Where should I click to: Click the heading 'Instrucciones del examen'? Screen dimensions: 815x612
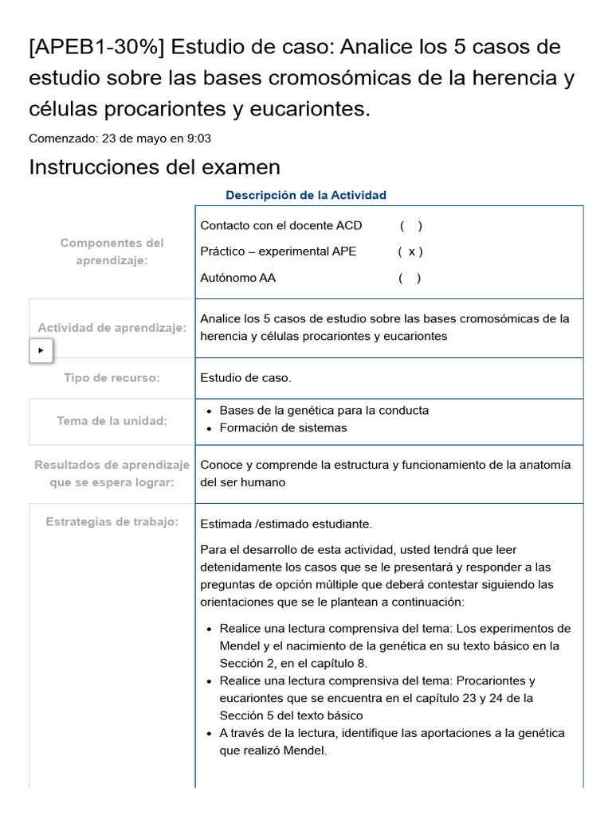(x=155, y=167)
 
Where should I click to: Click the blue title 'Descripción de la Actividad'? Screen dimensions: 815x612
(x=305, y=195)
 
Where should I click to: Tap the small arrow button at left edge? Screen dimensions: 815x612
(x=41, y=350)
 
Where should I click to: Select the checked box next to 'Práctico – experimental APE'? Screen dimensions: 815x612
(x=410, y=252)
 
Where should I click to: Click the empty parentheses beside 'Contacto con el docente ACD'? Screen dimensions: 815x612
(x=411, y=225)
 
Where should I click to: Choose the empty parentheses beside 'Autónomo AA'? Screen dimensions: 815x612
(x=410, y=278)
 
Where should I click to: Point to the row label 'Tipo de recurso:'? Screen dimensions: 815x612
(x=112, y=378)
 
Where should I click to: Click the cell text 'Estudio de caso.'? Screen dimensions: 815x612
(x=245, y=378)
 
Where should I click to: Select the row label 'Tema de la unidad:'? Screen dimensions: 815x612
(x=112, y=421)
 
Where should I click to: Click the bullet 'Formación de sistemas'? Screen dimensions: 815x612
(x=283, y=427)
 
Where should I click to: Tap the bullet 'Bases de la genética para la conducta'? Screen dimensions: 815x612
(x=324, y=410)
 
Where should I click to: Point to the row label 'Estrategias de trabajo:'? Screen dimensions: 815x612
(x=112, y=522)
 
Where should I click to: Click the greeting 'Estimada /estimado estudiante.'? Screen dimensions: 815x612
(x=286, y=524)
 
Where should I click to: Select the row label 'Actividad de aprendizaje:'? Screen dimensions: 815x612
(x=112, y=328)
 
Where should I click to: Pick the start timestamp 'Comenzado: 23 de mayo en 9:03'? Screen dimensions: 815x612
(x=120, y=138)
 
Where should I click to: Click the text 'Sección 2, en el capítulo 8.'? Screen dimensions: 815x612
(x=293, y=663)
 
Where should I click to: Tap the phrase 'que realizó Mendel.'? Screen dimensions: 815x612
(x=273, y=751)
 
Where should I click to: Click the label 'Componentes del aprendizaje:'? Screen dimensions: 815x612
(x=112, y=252)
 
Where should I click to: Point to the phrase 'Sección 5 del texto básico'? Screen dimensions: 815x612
(x=291, y=716)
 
